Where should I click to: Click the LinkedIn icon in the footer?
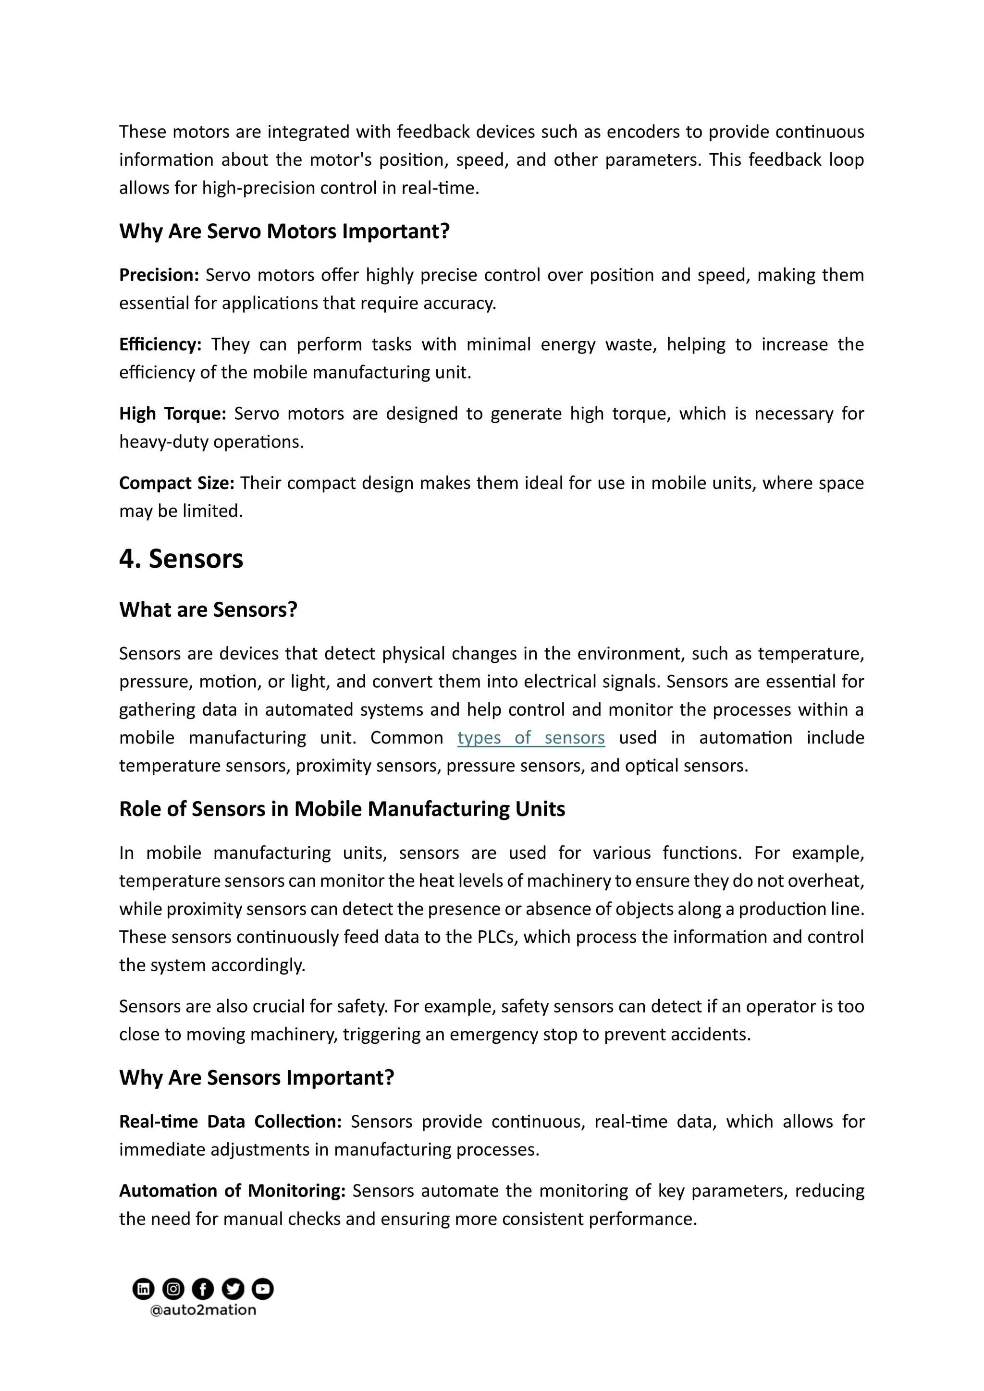[143, 1289]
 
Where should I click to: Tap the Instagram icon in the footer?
[173, 1289]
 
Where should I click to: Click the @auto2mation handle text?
[203, 1310]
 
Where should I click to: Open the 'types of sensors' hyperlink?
[531, 737]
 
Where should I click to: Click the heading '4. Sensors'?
[181, 559]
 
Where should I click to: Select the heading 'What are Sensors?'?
[208, 610]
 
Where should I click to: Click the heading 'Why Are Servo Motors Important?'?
[284, 232]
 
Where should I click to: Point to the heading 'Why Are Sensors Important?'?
[256, 1078]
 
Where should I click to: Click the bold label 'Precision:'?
[159, 275]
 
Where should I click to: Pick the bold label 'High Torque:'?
[172, 414]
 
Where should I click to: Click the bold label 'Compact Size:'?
[176, 483]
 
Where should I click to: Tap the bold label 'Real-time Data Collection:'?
[230, 1122]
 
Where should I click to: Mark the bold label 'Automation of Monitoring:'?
[232, 1191]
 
